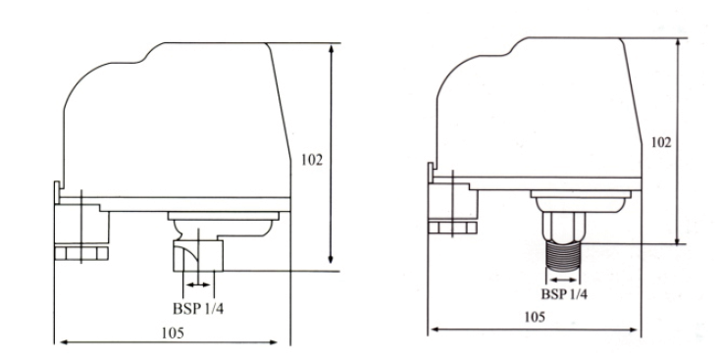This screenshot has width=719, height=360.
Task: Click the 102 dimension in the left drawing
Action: click(312, 160)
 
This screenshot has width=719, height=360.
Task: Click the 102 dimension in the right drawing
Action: click(661, 142)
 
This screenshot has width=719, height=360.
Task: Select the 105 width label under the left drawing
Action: click(173, 333)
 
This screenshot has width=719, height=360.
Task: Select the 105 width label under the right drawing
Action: click(535, 317)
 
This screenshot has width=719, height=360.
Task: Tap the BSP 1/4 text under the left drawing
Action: click(198, 308)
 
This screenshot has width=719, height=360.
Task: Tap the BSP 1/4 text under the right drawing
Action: click(564, 294)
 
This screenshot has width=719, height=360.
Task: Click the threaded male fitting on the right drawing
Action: click(563, 257)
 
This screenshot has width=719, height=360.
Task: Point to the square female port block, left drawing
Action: click(198, 255)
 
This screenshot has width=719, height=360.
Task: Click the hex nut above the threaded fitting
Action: click(564, 227)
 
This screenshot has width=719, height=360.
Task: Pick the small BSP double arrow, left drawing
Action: click(198, 284)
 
